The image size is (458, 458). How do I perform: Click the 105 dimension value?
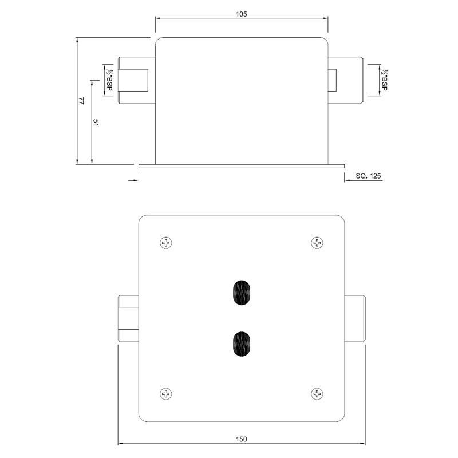(241, 14)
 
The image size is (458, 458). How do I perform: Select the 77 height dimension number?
(81, 101)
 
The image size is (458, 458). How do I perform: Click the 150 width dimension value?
(241, 439)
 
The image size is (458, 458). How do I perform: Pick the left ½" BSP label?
(108, 80)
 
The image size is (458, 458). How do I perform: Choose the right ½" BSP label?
(385, 80)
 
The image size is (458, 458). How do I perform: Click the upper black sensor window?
(242, 293)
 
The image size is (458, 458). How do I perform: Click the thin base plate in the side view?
(241, 166)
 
